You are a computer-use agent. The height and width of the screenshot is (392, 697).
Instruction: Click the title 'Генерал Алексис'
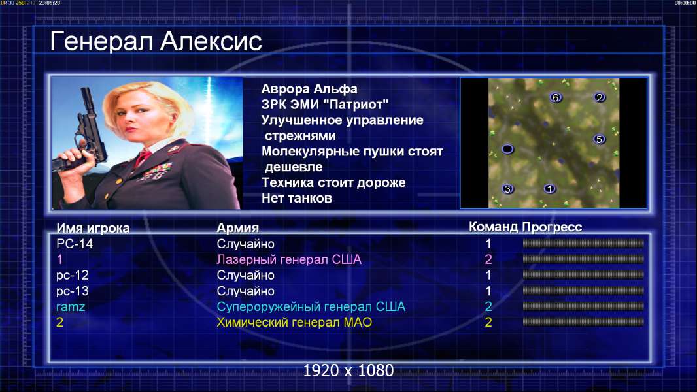click(x=156, y=41)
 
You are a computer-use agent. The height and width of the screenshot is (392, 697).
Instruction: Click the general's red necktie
click(x=143, y=157)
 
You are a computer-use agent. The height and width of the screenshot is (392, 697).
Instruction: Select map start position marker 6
click(x=555, y=97)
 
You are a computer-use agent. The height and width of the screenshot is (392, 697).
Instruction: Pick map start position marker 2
click(x=599, y=97)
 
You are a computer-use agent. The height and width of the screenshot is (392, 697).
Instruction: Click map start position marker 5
click(x=599, y=139)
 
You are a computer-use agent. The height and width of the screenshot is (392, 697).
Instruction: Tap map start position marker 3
click(x=507, y=189)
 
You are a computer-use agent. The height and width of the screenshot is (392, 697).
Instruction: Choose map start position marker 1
click(x=550, y=189)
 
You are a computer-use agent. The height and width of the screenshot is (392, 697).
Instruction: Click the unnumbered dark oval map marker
click(x=507, y=149)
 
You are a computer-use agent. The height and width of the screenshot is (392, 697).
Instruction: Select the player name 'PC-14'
click(x=75, y=244)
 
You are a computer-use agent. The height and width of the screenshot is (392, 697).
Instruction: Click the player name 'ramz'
click(x=71, y=307)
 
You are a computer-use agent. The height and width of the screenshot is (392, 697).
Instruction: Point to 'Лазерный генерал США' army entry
click(x=289, y=259)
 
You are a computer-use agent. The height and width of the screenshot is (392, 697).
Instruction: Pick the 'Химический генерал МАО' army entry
click(x=294, y=322)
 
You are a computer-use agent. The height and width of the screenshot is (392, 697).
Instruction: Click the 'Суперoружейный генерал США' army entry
click(x=311, y=307)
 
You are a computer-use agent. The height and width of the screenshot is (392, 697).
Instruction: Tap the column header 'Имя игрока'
click(x=93, y=228)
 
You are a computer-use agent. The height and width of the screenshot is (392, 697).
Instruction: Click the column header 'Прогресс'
click(x=552, y=227)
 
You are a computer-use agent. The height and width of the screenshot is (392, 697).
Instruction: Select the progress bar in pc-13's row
click(x=583, y=291)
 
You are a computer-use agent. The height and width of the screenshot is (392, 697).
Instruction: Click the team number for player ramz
click(x=488, y=306)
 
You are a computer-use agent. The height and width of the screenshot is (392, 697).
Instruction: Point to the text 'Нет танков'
click(x=296, y=198)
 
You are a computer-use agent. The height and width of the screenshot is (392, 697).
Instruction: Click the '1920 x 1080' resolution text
click(x=348, y=370)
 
